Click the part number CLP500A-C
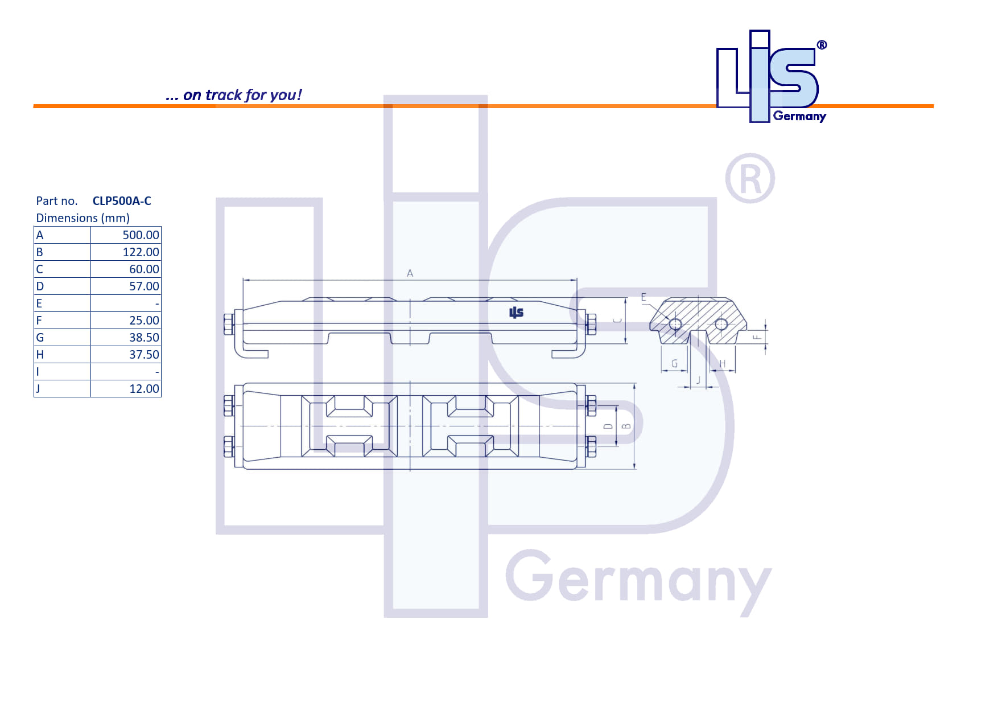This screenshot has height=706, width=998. click(x=122, y=201)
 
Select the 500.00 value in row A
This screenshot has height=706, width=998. click(x=141, y=235)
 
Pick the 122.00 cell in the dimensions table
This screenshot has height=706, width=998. click(x=141, y=252)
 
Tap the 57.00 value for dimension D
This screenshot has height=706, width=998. click(x=144, y=286)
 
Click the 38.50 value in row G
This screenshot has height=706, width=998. click(x=144, y=338)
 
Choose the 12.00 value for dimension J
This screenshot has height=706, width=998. click(x=144, y=389)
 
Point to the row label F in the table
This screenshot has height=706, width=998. click(x=39, y=321)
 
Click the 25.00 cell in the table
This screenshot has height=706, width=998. click(x=144, y=321)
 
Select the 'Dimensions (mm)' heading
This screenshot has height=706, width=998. click(x=83, y=218)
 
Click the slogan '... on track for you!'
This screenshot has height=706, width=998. click(x=233, y=95)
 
